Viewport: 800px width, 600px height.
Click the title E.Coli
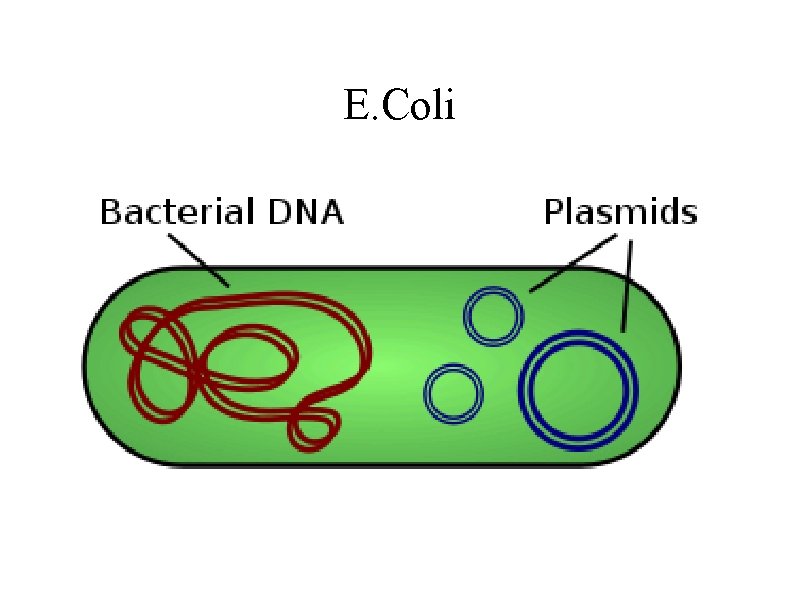click(399, 106)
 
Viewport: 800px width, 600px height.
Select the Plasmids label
click(620, 213)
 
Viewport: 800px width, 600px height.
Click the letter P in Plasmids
click(553, 213)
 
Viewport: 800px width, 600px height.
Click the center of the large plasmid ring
click(579, 387)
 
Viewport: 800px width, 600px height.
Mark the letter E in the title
click(354, 106)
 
